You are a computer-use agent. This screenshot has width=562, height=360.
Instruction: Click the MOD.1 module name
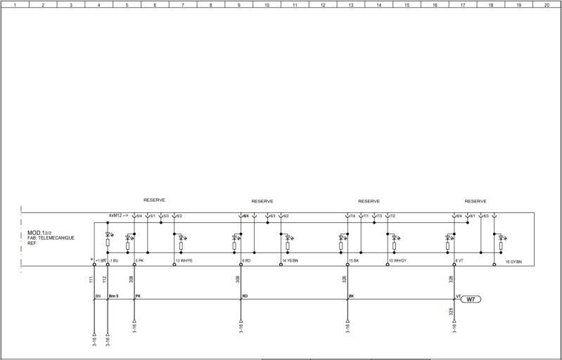click(36, 233)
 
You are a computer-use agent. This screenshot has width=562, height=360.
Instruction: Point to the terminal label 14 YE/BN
click(290, 261)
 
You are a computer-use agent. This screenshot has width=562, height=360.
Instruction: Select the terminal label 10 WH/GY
click(397, 261)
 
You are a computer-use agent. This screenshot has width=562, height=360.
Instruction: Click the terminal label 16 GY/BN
click(513, 261)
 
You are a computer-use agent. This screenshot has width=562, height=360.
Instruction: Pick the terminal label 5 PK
click(139, 261)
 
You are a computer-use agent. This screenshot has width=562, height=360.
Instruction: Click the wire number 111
click(91, 280)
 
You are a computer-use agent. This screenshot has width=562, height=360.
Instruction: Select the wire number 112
click(104, 280)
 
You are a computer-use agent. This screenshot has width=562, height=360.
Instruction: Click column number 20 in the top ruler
click(547, 4)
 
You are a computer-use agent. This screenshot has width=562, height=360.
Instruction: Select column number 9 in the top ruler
click(238, 4)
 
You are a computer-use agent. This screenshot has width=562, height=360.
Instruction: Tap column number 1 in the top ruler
click(15, 4)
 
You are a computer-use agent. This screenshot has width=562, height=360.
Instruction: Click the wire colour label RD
click(245, 297)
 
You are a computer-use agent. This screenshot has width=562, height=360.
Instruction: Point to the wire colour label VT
click(459, 297)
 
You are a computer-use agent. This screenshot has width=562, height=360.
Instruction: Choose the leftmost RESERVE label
click(154, 200)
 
